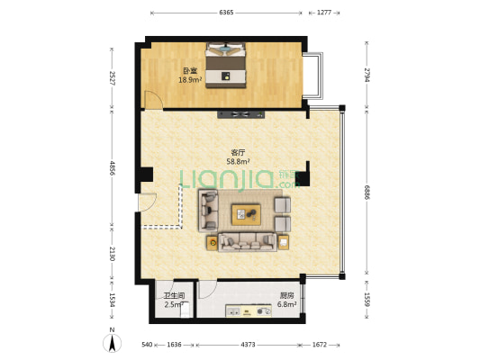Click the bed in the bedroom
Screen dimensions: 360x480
tap(225, 65)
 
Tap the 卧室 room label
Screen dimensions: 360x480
tap(190, 70)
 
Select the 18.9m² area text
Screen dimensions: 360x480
tap(191, 79)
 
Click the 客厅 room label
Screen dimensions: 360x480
tap(238, 153)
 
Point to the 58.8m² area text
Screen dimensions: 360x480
tap(238, 162)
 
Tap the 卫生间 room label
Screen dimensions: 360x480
tap(174, 296)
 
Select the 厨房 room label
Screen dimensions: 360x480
tap(261, 296)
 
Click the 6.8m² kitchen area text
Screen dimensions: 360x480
tap(262, 305)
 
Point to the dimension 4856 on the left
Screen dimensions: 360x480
tap(112, 167)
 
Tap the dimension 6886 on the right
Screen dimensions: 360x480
tap(367, 192)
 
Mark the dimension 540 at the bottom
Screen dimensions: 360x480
tap(147, 344)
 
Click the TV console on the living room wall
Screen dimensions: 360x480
tap(240, 114)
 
